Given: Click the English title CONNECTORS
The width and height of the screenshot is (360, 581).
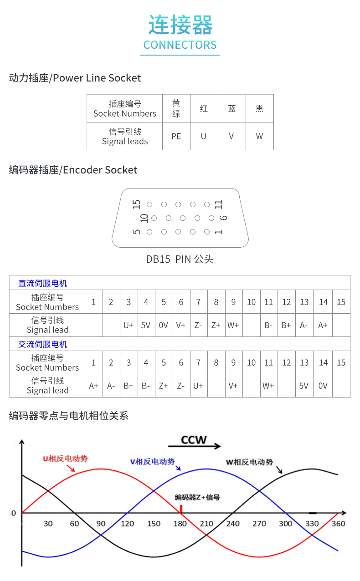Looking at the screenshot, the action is (180, 45).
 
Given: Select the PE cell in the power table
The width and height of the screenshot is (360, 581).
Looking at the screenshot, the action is (176, 136).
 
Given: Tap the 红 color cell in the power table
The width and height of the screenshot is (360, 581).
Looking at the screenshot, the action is (204, 108).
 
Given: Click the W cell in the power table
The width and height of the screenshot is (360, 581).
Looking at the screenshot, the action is (259, 136).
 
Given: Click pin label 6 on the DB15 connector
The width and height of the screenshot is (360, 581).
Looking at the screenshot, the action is (223, 218).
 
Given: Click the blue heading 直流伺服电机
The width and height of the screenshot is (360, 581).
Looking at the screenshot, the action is (42, 283).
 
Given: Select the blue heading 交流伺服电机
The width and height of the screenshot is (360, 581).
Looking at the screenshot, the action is (42, 344).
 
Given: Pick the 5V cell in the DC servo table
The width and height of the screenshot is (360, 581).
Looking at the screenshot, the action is (146, 325).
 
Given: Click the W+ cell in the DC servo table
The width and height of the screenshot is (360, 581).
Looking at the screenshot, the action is (233, 325).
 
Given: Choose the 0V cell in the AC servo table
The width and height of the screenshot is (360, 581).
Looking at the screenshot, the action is (323, 386).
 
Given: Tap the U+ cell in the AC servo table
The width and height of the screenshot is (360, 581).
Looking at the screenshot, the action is (198, 386).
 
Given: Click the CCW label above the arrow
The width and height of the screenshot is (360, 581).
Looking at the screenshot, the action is (194, 440).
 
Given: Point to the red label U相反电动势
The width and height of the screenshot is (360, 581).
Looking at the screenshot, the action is (65, 459).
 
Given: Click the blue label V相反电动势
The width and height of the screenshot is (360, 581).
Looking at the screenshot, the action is (152, 462).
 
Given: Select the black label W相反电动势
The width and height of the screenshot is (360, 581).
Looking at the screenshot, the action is (249, 462).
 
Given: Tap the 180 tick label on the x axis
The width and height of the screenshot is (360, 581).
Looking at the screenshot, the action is (180, 524).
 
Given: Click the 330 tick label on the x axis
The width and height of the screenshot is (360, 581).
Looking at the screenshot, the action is (312, 524).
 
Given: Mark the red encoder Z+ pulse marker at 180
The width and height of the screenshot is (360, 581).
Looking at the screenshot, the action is (181, 509).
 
